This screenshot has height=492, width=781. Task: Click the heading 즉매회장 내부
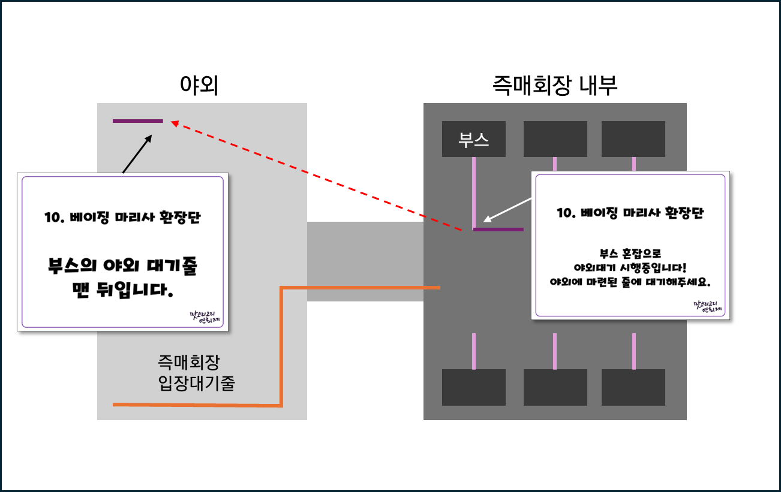tap(554, 86)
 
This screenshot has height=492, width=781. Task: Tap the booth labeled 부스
tap(474, 139)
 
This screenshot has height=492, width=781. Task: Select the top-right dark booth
tap(633, 139)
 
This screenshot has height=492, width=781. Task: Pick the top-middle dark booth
tap(555, 139)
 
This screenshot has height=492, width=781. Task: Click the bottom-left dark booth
tap(474, 387)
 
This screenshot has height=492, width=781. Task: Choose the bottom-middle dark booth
tap(555, 387)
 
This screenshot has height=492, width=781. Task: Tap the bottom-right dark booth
tap(633, 387)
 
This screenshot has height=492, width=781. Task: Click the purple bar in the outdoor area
tap(138, 121)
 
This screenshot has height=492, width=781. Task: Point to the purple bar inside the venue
tap(498, 229)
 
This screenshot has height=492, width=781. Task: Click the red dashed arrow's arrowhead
tap(174, 123)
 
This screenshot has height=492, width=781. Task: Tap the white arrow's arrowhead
tap(486, 219)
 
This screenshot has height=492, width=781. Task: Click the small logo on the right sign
tap(708, 307)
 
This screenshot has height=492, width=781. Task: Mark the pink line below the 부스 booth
tap(474, 192)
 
